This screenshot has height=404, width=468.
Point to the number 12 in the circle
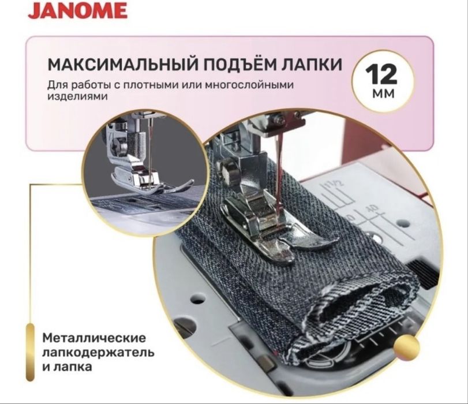click(x=381, y=75)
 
